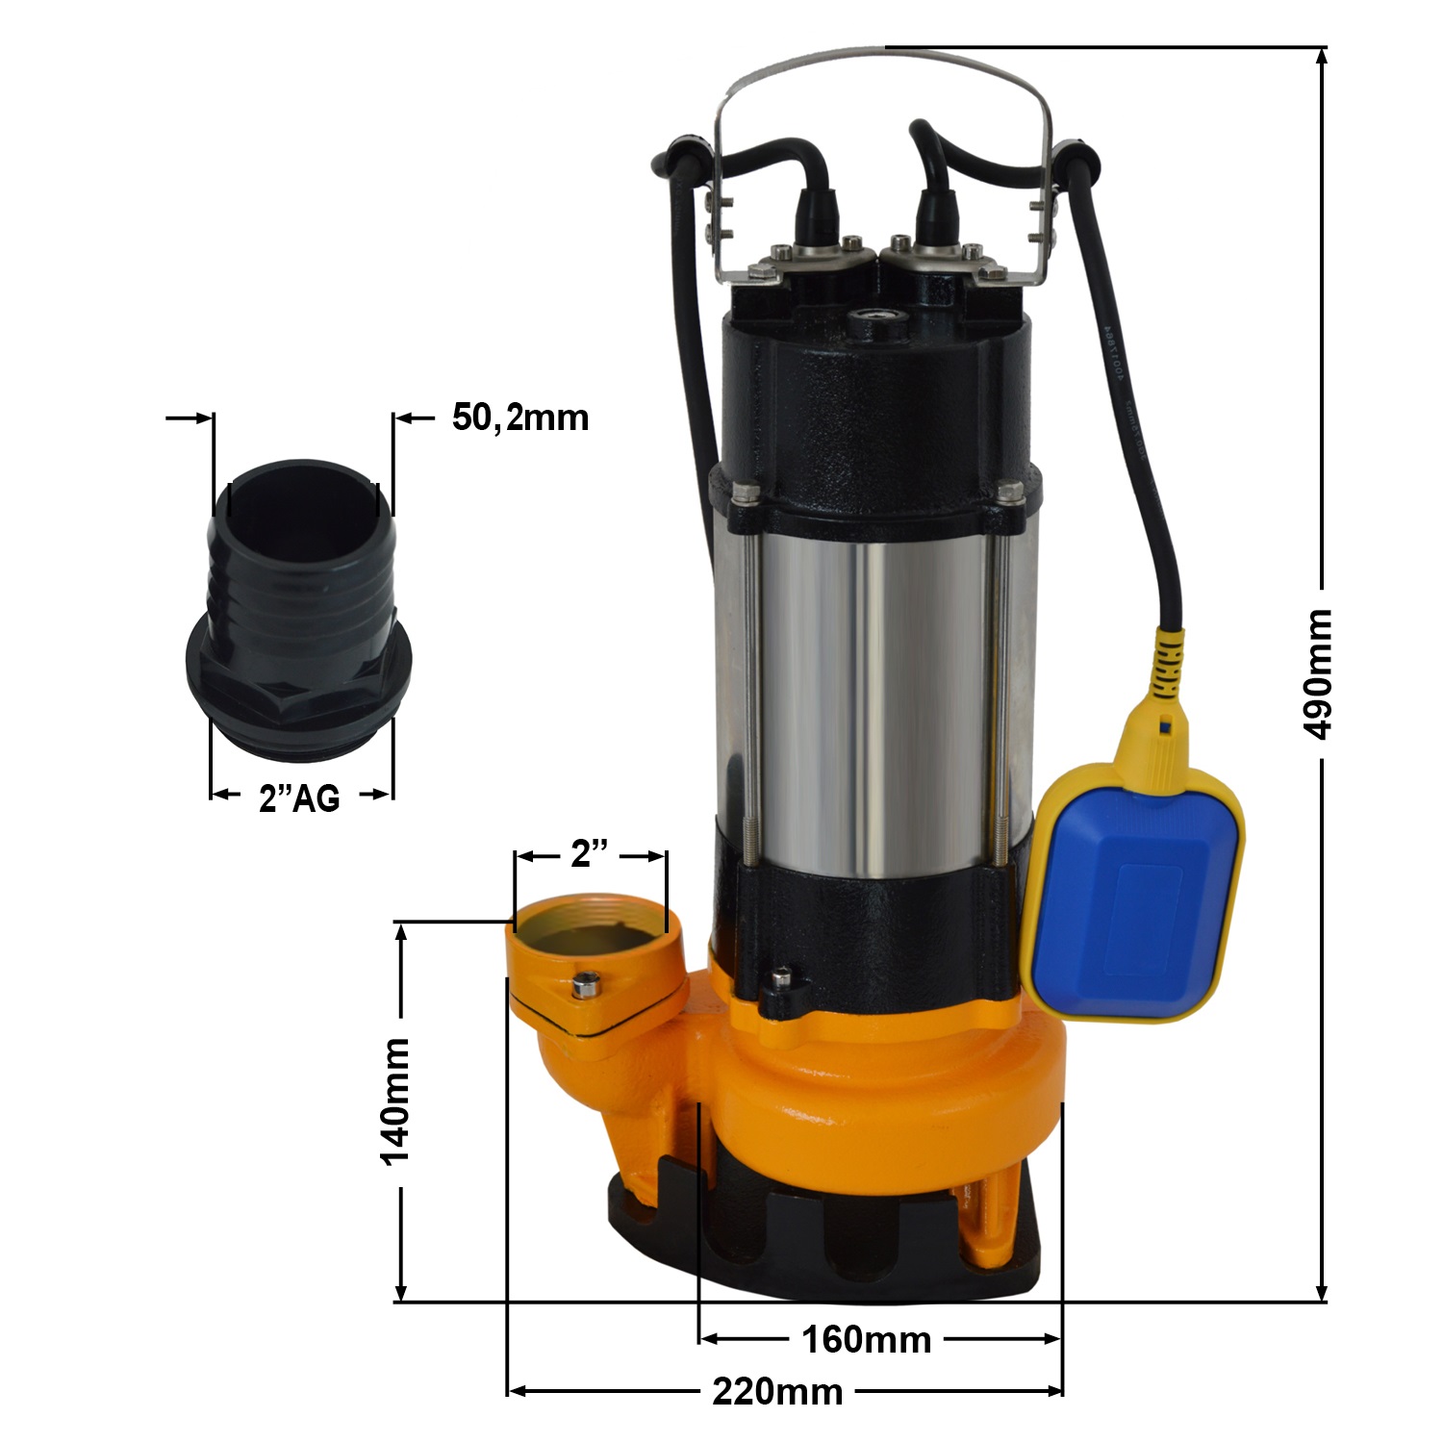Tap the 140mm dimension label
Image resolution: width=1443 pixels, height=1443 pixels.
[396, 1101]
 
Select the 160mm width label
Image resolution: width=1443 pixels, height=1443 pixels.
[866, 1339]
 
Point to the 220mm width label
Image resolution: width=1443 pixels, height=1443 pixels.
[777, 1391]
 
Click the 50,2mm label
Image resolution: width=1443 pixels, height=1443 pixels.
[520, 418]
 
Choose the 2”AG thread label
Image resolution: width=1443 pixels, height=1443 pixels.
[299, 797]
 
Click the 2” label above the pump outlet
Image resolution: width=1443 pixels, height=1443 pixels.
[590, 854]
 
